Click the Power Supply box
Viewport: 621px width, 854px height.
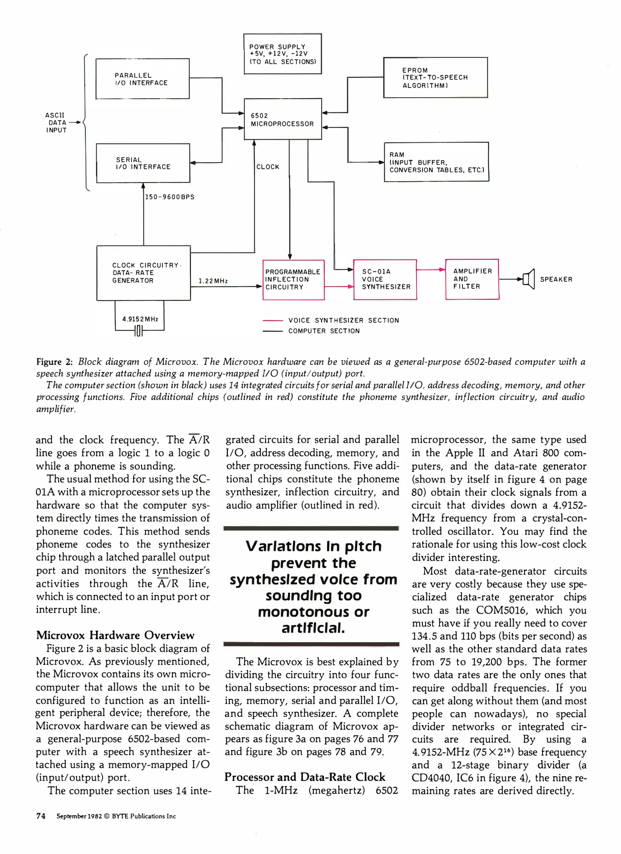[x=282, y=54]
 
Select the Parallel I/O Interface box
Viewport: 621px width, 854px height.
[x=142, y=79]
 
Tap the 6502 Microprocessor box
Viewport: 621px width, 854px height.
[x=282, y=119]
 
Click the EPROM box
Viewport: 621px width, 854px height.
[x=435, y=77]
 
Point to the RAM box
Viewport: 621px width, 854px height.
[x=436, y=162]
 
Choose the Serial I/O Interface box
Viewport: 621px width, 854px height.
[x=143, y=163]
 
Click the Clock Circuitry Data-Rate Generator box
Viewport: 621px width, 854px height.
[x=143, y=273]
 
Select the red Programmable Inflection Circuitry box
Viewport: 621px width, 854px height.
[x=293, y=280]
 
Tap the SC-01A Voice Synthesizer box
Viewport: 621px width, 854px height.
[x=385, y=280]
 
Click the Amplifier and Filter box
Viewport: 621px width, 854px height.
[x=472, y=279]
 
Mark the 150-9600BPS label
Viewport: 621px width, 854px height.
[x=170, y=197]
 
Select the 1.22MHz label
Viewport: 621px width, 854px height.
[x=213, y=281]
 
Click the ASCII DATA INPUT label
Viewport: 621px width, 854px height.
[x=56, y=123]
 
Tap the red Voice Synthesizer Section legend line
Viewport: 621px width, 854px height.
[x=273, y=321]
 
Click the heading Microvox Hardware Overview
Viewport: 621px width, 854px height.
[x=115, y=635]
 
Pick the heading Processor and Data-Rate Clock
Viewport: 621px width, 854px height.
[x=305, y=777]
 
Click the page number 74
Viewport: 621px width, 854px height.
[x=41, y=816]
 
